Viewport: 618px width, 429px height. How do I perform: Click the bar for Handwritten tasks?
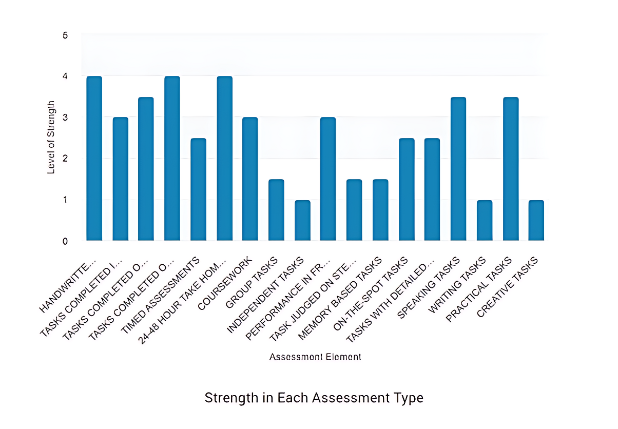(94, 159)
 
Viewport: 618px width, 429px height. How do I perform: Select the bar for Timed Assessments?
(198, 189)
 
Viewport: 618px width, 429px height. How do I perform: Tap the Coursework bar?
(250, 179)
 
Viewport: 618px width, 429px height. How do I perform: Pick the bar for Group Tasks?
(276, 210)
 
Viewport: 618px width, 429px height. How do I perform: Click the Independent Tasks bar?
(302, 220)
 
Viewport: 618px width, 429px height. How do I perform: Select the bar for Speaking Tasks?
(458, 169)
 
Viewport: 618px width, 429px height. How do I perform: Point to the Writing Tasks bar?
(484, 220)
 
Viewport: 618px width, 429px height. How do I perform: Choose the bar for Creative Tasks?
(536, 220)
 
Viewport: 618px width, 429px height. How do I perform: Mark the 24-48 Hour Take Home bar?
(224, 159)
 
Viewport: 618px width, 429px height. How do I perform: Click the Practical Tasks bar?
(510, 169)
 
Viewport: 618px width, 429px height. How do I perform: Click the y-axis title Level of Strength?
(51, 138)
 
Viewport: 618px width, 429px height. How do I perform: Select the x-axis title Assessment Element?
(315, 357)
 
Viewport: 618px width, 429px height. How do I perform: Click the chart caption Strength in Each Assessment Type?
(314, 398)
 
